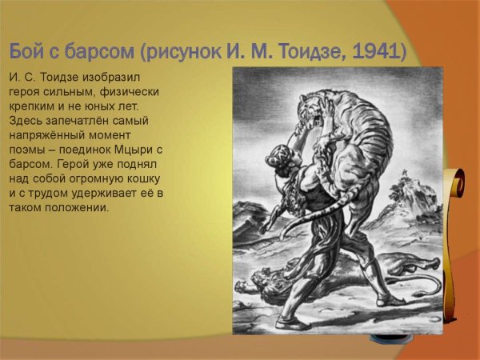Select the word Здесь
pos(28,121)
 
